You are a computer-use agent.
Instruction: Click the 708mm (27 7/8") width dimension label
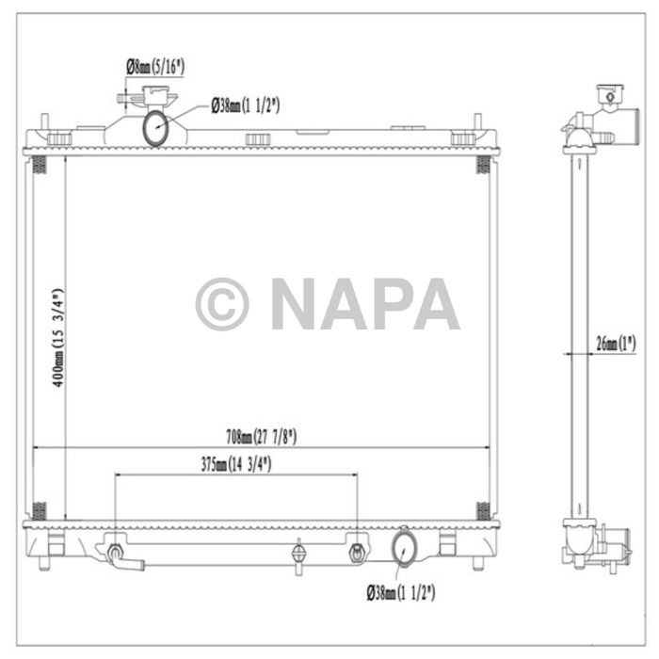point(261,436)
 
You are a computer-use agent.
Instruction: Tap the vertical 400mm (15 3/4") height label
point(57,339)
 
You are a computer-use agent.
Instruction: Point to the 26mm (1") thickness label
point(614,345)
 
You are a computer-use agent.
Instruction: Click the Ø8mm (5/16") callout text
point(156,66)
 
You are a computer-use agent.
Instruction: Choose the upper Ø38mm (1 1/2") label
point(245,105)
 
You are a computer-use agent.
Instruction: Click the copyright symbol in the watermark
point(222,304)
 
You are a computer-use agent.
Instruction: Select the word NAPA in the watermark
point(364,304)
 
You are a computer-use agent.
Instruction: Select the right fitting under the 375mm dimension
point(357,552)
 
